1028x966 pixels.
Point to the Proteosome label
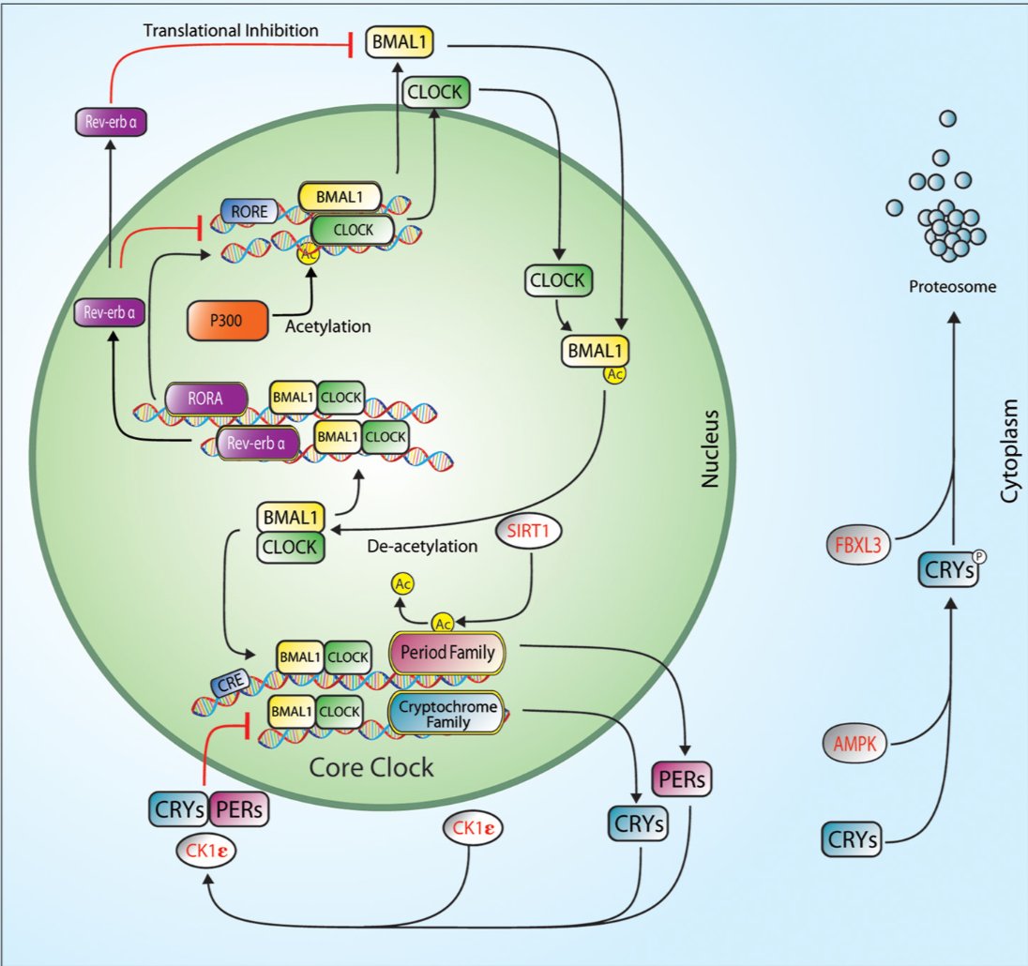pyautogui.click(x=950, y=286)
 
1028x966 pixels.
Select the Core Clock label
pyautogui.click(x=372, y=767)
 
